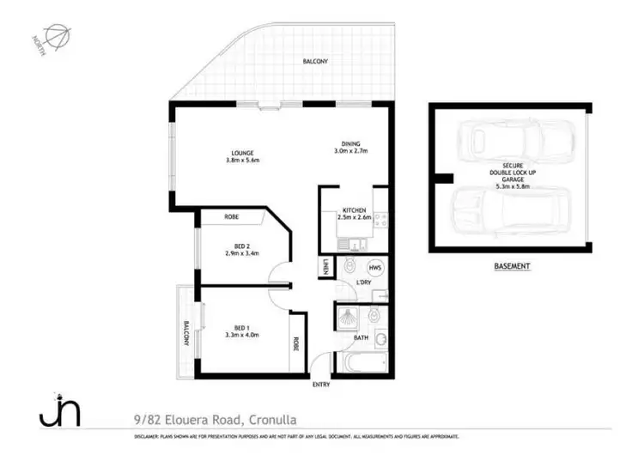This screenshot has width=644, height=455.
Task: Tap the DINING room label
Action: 349,143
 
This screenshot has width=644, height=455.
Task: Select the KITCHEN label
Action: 355,209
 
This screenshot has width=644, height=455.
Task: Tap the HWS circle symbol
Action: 375,267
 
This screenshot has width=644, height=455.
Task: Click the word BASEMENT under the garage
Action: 512,267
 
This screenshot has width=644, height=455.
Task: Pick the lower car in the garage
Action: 507,212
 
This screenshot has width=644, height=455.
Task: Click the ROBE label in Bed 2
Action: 231,218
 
